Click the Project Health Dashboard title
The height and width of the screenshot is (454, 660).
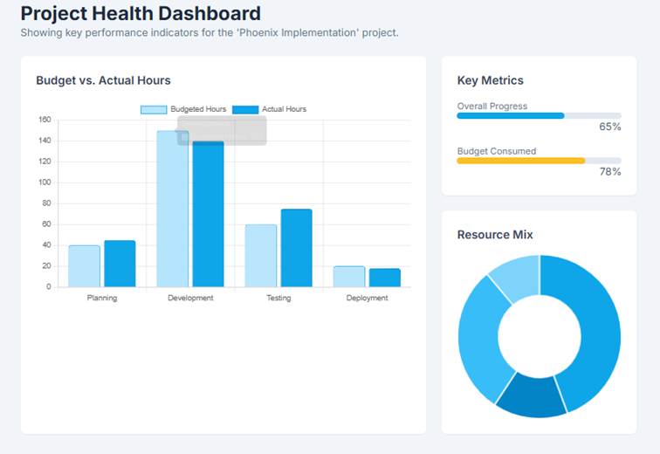[141, 14]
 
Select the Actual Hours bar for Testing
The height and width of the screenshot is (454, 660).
[296, 248]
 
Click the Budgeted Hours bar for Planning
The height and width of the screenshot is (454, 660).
[84, 265]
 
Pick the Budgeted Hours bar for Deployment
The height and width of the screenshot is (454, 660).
[349, 276]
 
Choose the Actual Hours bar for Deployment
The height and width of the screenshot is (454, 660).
[384, 277]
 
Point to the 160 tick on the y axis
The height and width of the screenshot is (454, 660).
[45, 120]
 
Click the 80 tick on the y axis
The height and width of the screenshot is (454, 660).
[46, 203]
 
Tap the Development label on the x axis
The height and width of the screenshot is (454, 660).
[190, 298]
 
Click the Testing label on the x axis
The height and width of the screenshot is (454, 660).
[278, 298]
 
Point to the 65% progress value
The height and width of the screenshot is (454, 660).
[609, 127]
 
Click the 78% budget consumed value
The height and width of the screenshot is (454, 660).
[609, 171]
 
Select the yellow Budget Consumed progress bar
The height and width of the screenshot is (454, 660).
[520, 161]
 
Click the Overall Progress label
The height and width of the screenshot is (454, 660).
[492, 107]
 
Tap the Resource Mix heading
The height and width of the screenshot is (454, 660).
[495, 235]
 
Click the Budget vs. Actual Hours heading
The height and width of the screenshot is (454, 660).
[103, 80]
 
